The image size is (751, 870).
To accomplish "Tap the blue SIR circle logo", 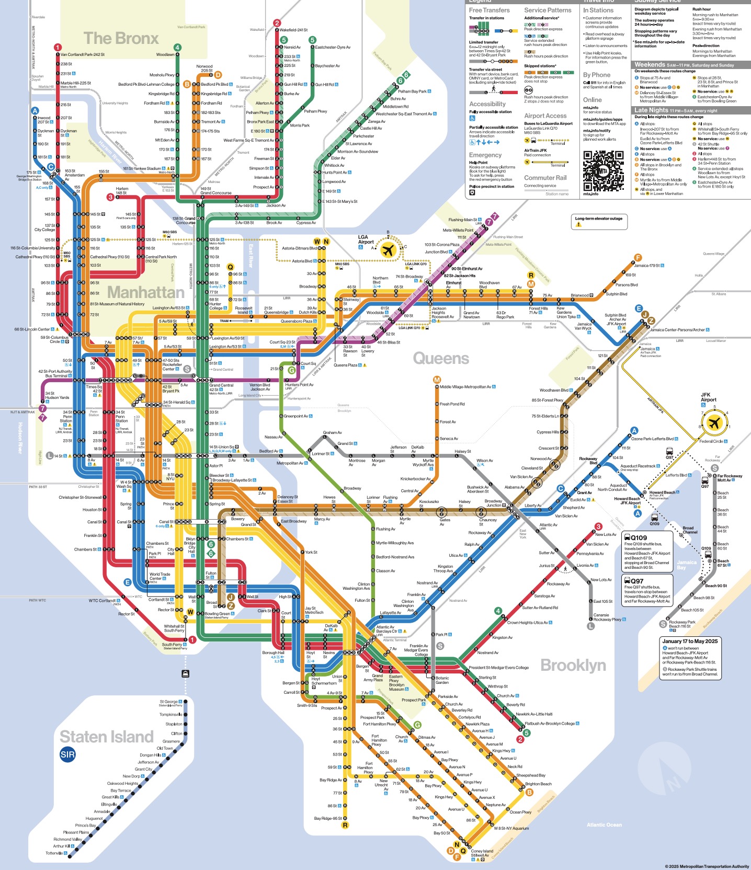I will pos(67,754).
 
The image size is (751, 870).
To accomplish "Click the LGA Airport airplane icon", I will pos(388,250).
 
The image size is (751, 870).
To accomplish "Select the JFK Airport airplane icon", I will pos(714,422).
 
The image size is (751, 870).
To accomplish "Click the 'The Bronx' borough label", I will pos(121,38).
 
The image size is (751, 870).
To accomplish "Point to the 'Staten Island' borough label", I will pos(107,737).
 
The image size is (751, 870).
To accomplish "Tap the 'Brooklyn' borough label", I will pos(573,665).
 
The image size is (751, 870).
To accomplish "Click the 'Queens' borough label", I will pos(441,358).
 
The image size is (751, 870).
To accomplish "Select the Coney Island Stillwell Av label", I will pos(482,853).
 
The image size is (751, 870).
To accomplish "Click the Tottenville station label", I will pos(54,853).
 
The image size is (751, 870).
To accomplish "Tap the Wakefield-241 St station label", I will pos(293,30).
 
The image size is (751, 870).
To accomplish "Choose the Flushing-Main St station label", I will pos(463,220).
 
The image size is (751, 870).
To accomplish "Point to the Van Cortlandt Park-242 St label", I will pos(83,54).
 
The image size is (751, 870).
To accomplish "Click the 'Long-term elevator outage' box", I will pos(598,222).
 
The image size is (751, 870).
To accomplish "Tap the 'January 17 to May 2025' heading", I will pos(689,641).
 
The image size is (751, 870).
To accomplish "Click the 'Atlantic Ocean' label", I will pos(604,825).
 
